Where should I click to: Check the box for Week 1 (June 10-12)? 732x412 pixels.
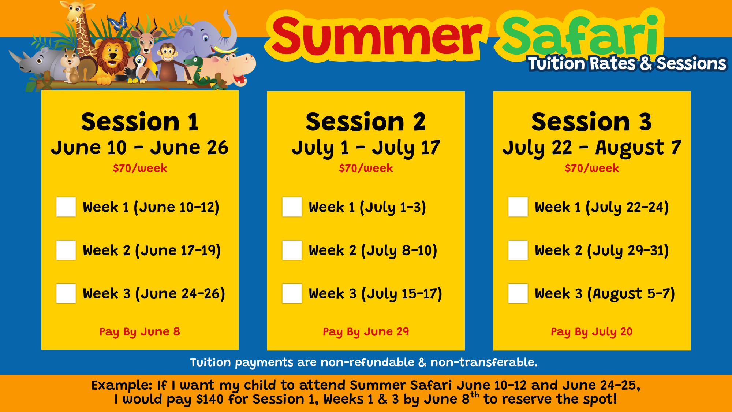point(66,207)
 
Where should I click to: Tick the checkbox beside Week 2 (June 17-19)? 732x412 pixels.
point(66,250)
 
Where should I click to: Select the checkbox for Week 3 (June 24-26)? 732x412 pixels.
point(66,293)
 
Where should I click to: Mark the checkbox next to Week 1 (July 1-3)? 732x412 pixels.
point(292,207)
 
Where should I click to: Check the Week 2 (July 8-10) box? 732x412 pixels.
point(292,250)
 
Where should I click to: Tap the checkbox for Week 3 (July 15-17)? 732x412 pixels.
point(292,293)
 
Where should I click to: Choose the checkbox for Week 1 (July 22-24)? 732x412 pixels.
point(518,207)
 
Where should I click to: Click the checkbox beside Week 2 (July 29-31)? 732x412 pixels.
point(518,250)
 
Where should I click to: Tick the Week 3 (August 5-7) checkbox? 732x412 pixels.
point(518,293)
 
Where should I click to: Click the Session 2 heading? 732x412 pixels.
point(366,122)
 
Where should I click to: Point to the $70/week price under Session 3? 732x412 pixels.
point(592,168)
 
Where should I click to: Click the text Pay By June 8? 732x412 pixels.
point(140,332)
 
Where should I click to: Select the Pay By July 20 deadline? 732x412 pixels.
point(592,332)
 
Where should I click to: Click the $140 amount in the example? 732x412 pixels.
point(210,399)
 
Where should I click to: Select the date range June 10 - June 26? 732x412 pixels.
point(140,148)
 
